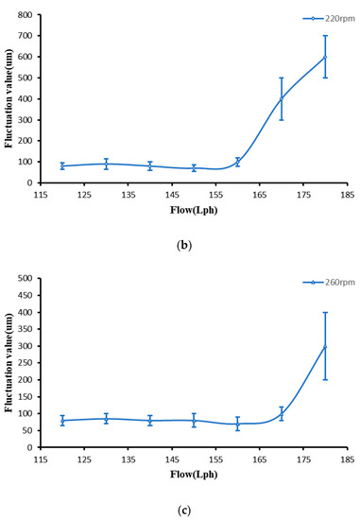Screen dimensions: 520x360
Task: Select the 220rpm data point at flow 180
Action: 326,57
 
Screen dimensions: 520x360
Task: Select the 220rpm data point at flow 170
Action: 282,98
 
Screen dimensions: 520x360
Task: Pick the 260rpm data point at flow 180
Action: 326,346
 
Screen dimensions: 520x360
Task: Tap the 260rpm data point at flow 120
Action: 62,420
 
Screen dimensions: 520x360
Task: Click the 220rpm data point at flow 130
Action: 106,164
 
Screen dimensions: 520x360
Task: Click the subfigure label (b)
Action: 182,243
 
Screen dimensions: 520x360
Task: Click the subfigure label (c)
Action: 182,511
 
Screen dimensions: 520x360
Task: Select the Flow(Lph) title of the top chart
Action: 194,211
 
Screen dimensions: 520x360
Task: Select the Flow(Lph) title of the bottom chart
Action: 194,476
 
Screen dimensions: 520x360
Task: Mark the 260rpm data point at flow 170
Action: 282,413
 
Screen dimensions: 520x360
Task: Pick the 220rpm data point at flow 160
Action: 238,162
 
